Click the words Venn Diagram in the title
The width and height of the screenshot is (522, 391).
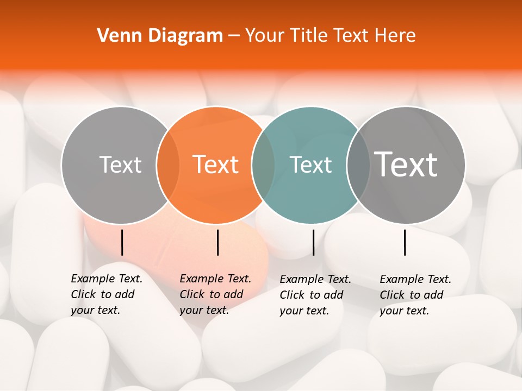pos(160,36)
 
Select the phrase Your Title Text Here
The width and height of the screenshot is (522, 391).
pos(330,36)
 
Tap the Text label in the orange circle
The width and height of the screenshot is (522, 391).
pos(216,165)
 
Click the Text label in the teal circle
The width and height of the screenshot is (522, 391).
pos(311,165)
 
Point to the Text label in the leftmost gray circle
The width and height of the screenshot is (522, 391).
pos(120,165)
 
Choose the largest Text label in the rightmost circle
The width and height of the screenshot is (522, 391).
pos(406,164)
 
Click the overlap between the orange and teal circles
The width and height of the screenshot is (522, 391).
pos(263,165)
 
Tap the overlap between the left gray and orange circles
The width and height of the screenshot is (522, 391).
pos(168,165)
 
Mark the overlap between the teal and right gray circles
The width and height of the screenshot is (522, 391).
pos(358,165)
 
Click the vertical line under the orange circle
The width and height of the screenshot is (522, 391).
pos(217,242)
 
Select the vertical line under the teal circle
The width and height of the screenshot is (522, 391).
pos(313,242)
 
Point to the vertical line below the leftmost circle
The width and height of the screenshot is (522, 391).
pos(122,242)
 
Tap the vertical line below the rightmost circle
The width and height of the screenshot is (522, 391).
pos(405,242)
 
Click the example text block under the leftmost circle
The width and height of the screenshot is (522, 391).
pos(107,294)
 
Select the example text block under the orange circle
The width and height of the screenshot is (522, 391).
pos(215,294)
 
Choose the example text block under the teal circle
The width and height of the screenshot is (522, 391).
pos(315,295)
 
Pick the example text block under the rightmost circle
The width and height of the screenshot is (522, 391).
pos(415,295)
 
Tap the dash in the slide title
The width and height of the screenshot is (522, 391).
pos(234,36)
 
